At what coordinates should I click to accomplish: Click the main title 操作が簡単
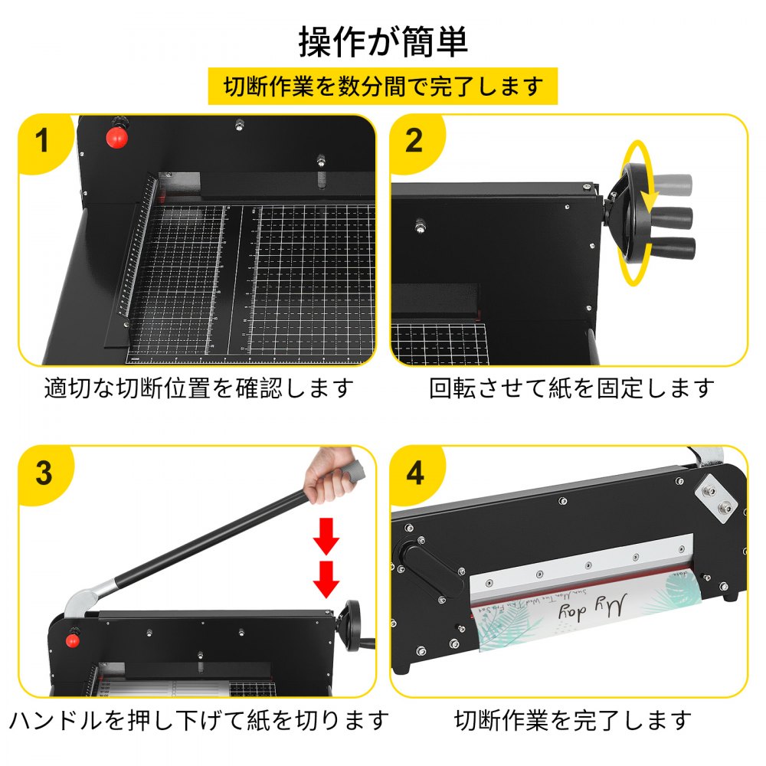[x=383, y=42]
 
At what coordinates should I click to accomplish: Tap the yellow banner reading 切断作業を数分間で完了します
[x=383, y=87]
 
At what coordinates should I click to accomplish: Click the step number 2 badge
[x=414, y=142]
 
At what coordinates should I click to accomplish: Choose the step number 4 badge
[x=414, y=473]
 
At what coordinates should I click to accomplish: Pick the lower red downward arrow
[x=326, y=578]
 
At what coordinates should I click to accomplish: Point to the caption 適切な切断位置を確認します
[x=199, y=388]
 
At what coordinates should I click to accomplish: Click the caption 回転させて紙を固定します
[x=571, y=388]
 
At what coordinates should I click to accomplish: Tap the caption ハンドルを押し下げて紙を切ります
[x=199, y=720]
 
